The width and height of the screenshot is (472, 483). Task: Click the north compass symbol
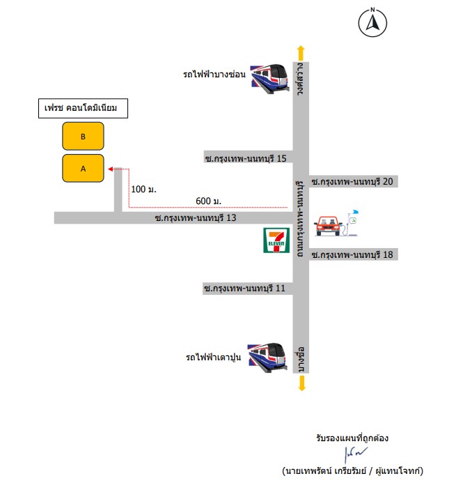click(372, 22)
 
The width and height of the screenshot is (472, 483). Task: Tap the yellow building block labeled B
click(83, 136)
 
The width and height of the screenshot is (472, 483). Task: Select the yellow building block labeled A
click(83, 168)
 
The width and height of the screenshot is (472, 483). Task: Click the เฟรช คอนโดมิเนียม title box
click(83, 108)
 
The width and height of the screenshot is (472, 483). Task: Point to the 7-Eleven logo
click(276, 240)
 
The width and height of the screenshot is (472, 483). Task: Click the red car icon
click(328, 226)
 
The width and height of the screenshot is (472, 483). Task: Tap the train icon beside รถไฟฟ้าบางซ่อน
click(270, 79)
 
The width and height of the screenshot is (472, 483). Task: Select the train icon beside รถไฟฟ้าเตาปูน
click(268, 358)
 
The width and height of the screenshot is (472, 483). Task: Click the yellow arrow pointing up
click(301, 53)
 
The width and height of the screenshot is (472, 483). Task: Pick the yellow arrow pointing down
click(302, 383)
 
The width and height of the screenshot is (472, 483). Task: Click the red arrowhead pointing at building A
click(111, 169)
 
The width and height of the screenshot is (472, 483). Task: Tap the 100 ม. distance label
click(143, 189)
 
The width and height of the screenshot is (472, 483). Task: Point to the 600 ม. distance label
click(208, 201)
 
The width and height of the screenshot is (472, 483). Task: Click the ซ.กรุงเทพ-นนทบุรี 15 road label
click(246, 158)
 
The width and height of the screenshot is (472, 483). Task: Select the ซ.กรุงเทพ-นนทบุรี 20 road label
click(352, 181)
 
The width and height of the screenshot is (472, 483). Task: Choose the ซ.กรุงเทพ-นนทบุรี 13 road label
click(196, 217)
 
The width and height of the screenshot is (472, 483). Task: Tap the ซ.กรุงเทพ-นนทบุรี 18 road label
click(352, 254)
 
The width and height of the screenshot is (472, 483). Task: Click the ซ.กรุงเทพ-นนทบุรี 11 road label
click(244, 289)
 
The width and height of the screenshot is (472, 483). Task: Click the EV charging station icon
click(352, 223)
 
